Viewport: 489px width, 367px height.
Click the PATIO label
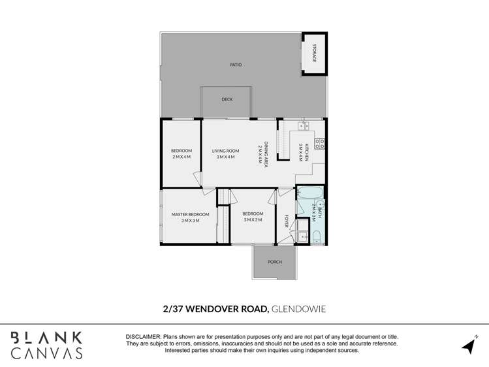click(236, 65)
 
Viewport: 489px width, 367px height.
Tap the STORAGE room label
click(314, 53)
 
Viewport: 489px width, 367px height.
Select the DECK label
click(227, 99)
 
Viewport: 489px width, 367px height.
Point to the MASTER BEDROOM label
click(190, 214)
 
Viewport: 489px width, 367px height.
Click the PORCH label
click(275, 262)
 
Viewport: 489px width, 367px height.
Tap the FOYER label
click(286, 221)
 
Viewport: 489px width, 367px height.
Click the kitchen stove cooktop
click(320, 143)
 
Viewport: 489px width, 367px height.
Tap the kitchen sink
click(303, 126)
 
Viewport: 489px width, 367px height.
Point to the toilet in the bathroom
click(316, 236)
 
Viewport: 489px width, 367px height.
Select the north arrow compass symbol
click(469, 344)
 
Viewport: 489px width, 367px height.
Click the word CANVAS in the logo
click(46, 353)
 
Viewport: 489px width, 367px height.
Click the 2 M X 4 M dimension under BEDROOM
click(181, 157)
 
